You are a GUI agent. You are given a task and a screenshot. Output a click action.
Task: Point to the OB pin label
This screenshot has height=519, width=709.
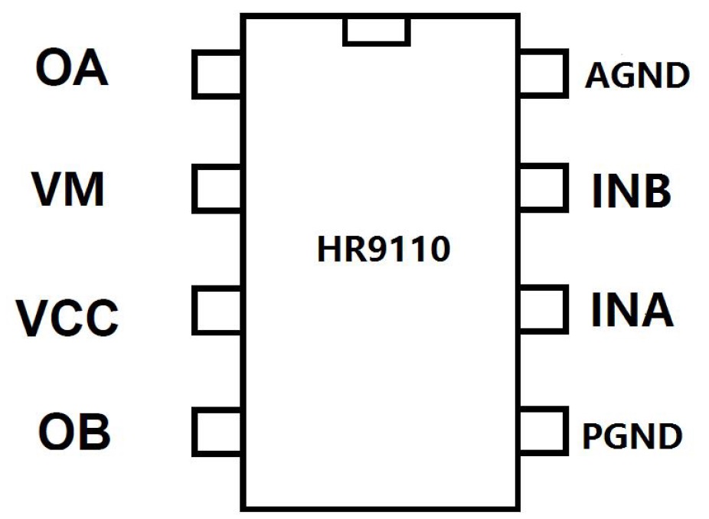(74, 431)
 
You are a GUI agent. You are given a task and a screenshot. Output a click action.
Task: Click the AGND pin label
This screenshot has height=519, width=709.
(637, 75)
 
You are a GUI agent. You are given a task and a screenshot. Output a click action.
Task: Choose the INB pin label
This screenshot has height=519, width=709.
(631, 191)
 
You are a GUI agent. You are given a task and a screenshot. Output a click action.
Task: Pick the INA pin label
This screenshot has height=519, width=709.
(632, 310)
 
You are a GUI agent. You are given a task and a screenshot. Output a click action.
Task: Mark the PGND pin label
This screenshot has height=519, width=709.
(632, 436)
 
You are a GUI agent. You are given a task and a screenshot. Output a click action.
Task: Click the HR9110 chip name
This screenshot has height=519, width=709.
(383, 250)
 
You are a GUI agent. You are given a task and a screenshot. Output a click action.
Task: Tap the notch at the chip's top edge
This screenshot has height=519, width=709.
(376, 31)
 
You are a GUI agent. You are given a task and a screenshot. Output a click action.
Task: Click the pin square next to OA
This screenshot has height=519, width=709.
(217, 74)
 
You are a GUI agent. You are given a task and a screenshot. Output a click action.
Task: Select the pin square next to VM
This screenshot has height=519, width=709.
(217, 188)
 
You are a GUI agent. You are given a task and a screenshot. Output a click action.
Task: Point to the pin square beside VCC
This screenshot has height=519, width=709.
(217, 310)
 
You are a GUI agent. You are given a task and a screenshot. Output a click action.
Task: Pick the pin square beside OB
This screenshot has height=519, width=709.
(217, 431)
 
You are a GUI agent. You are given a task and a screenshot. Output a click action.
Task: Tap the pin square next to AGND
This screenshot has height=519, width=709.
(543, 74)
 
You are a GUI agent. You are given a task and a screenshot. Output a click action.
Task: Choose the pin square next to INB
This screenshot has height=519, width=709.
(543, 188)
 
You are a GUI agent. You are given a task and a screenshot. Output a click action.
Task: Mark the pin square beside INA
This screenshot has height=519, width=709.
(543, 310)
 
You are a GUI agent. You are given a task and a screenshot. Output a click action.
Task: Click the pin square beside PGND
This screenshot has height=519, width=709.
(543, 431)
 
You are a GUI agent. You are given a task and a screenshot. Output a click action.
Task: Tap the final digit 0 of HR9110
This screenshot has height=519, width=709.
(439, 250)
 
